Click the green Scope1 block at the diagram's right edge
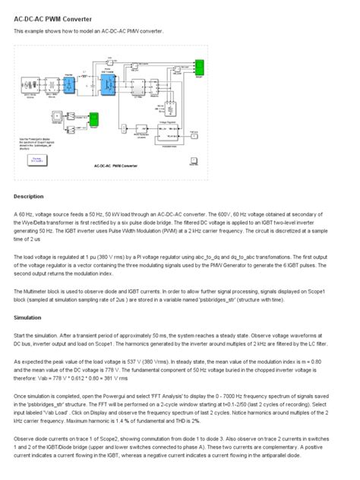[199, 74]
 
